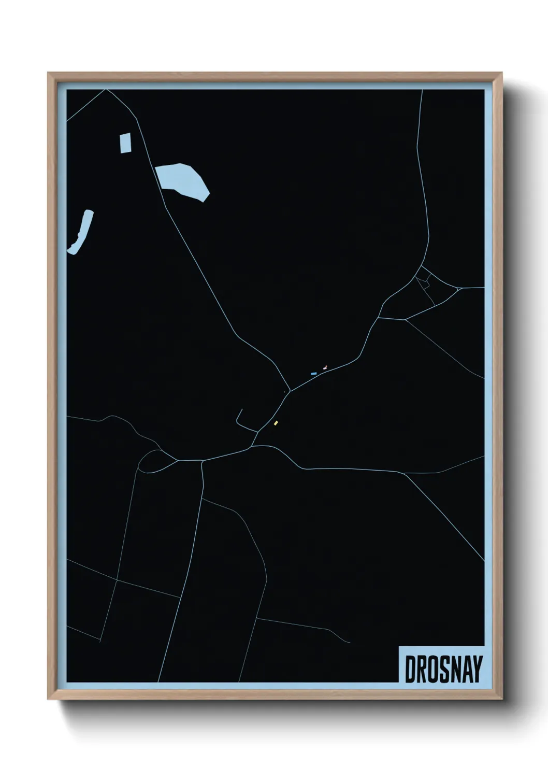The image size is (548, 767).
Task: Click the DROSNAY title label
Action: tap(443, 669)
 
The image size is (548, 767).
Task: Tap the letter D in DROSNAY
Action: tap(410, 670)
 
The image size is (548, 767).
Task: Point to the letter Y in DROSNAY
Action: tap(477, 670)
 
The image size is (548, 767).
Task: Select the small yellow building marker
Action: tap(276, 423)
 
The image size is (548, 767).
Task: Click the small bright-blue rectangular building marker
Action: tap(313, 373)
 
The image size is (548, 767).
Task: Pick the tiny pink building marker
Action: tap(325, 367)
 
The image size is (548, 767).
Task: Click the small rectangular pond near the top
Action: tap(125, 143)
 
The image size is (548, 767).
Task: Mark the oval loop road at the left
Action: tap(154, 461)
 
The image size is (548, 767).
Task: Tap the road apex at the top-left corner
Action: tap(106, 90)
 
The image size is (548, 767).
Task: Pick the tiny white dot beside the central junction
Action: tap(284, 392)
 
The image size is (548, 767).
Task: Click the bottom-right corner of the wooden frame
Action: tap(501, 699)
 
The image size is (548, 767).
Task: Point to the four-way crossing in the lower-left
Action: tap(117, 580)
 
